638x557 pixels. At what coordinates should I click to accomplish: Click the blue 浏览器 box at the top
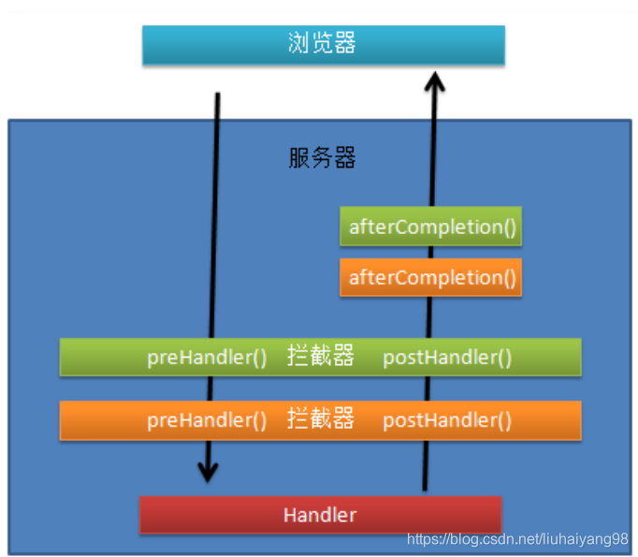[x=323, y=45]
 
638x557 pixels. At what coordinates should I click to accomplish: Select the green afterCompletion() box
[x=430, y=227]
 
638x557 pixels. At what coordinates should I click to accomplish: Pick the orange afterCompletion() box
[x=430, y=277]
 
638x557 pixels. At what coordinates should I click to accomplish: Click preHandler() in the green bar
[x=207, y=358]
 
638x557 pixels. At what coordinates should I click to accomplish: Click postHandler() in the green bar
[x=447, y=358]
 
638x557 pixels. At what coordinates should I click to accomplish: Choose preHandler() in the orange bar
[x=207, y=420]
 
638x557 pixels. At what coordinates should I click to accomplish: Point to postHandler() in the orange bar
[x=447, y=420]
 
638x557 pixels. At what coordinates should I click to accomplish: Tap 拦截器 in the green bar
[x=321, y=357]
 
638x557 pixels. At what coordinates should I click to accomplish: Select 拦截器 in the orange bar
[x=321, y=419]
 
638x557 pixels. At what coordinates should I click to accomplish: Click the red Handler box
[x=320, y=515]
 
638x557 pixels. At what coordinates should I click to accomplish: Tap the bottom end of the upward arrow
[x=427, y=488]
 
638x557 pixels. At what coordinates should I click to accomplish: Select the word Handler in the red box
[x=320, y=515]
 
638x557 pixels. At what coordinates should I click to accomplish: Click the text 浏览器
[x=323, y=44]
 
